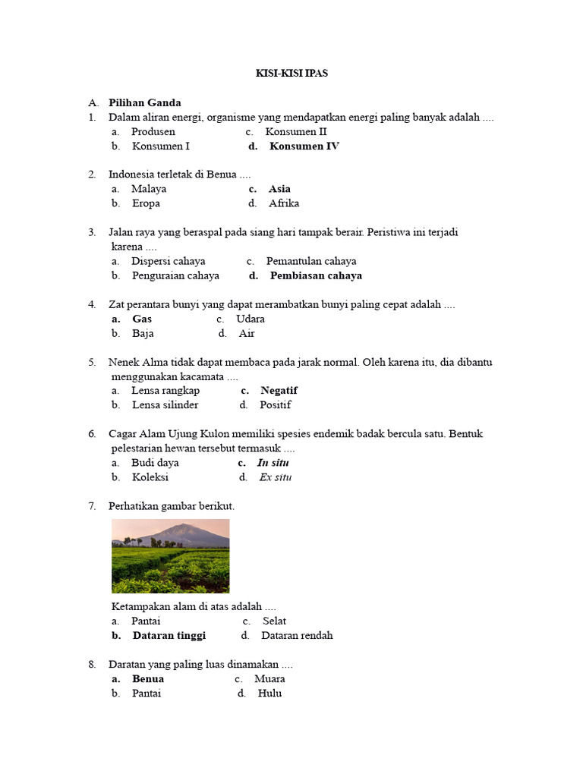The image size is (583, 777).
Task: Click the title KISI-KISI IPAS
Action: pos(291,74)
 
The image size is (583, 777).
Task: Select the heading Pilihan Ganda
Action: pos(144,102)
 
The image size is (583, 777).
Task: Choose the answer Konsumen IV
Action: pos(304,146)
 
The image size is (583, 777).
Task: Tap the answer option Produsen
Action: pos(153,132)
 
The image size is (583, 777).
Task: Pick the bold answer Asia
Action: pos(279,189)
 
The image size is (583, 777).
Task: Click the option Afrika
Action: pos(284,203)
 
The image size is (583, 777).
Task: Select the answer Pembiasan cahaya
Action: pos(316,275)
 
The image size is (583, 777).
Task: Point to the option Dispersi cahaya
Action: pos(169,261)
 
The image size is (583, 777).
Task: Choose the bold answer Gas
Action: pos(142,319)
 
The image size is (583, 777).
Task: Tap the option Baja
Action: pos(143,334)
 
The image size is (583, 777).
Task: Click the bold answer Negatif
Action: pos(279,391)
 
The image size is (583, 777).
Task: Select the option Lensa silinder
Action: pos(165,405)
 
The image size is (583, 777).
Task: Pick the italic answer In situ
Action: pos(273,463)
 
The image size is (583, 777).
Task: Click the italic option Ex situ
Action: pos(275,477)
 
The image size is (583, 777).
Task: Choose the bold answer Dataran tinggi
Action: pos(169,636)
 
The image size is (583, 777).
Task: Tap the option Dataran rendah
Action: pos(297,636)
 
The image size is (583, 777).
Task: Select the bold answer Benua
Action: pos(148,679)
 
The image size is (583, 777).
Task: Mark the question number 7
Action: pos(92,506)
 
